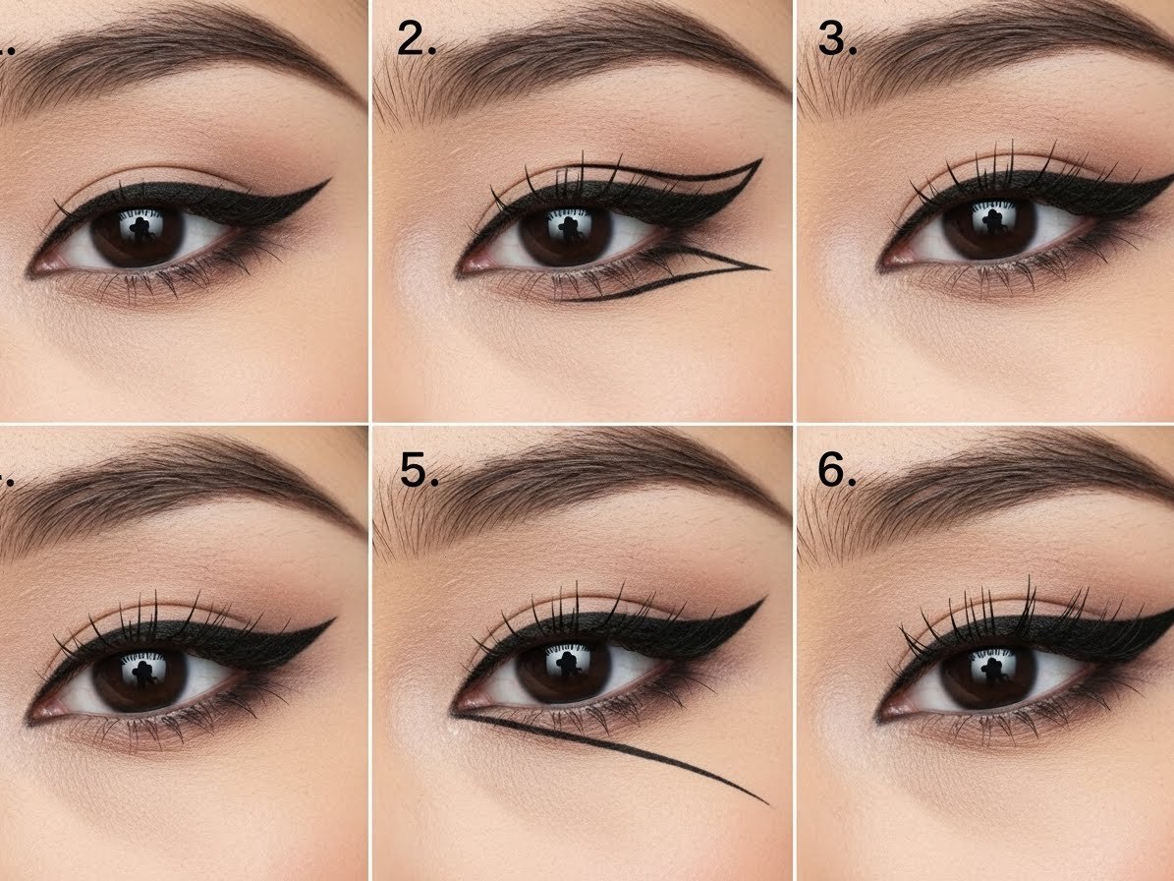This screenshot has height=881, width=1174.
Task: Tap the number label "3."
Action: click(837, 39)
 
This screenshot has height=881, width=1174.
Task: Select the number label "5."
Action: click(419, 471)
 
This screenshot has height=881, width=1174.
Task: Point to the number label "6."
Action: click(838, 471)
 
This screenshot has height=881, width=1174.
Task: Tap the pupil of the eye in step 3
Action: click(986, 227)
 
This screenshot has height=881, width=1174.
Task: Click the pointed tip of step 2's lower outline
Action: click(765, 266)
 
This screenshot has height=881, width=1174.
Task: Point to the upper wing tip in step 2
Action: click(760, 161)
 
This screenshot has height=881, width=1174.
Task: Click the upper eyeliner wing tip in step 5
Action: click(763, 599)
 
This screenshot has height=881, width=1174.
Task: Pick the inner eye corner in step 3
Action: click(883, 264)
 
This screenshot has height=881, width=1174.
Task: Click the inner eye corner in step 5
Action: click(456, 707)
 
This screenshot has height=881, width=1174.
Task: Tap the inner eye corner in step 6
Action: click(882, 710)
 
